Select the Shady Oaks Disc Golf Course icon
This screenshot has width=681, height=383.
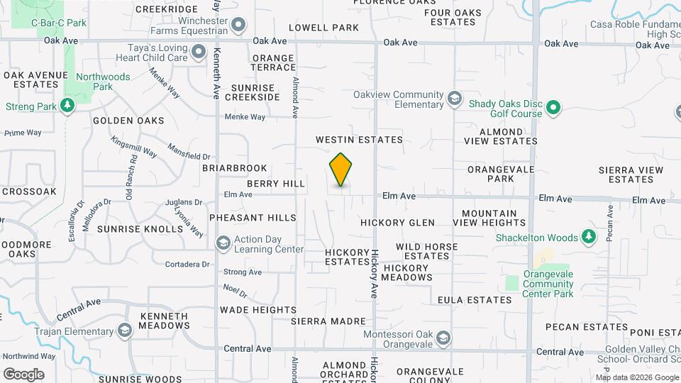[553, 109]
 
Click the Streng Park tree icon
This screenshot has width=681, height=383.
[67, 106]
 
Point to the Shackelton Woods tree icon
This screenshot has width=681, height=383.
[588, 237]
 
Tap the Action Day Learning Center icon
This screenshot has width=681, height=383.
[223, 243]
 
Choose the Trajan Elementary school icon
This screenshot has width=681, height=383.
[125, 331]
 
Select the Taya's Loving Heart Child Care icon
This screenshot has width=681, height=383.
[198, 52]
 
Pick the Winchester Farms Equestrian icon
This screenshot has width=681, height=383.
[238, 26]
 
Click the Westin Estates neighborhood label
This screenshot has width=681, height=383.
[359, 140]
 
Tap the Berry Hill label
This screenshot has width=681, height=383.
[276, 184]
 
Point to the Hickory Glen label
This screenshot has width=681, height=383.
[397, 223]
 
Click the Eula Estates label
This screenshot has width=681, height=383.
[475, 300]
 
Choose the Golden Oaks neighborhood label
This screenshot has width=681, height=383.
[128, 121]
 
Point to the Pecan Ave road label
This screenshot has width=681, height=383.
[609, 223]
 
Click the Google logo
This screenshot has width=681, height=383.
[23, 374]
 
